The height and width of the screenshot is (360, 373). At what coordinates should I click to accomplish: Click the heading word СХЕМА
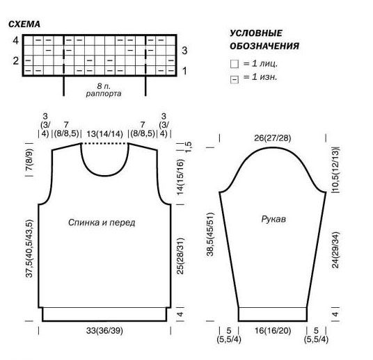click(x=24, y=24)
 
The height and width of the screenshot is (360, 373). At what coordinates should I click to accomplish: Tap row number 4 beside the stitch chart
click(x=16, y=40)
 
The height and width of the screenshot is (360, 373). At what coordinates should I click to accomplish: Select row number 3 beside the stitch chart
click(x=184, y=51)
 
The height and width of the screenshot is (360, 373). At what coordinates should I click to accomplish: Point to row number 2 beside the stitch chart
click(x=16, y=61)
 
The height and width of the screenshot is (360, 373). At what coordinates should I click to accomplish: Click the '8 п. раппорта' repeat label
click(x=104, y=90)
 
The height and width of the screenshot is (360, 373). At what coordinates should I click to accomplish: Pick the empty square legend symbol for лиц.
click(x=235, y=64)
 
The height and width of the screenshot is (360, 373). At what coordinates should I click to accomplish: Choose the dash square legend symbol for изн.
click(x=235, y=79)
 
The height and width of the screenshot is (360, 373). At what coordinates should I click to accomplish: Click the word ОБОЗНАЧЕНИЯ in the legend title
click(x=264, y=46)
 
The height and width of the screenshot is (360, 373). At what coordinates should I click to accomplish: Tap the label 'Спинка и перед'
click(x=102, y=222)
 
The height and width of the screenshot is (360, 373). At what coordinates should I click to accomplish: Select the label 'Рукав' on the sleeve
click(x=273, y=219)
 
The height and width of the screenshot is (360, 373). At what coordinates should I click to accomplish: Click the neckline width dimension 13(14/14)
click(x=104, y=133)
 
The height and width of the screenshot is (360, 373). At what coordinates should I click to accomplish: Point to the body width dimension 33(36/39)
click(x=104, y=331)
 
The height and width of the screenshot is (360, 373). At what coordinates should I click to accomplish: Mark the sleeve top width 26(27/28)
click(x=273, y=138)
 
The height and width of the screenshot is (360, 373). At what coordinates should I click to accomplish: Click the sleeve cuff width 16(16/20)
click(x=273, y=331)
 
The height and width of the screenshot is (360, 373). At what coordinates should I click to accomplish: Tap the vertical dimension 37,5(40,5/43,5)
click(x=29, y=249)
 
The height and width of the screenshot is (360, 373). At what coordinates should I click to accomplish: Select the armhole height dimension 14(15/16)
click(x=180, y=177)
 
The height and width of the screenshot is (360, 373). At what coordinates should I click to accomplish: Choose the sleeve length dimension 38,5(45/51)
click(x=210, y=234)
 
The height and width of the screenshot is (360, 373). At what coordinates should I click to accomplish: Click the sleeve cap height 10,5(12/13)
click(x=336, y=170)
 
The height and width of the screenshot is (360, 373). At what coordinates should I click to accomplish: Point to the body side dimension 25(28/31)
click(x=180, y=256)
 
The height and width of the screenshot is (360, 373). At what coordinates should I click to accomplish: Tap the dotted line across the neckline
click(x=104, y=144)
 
